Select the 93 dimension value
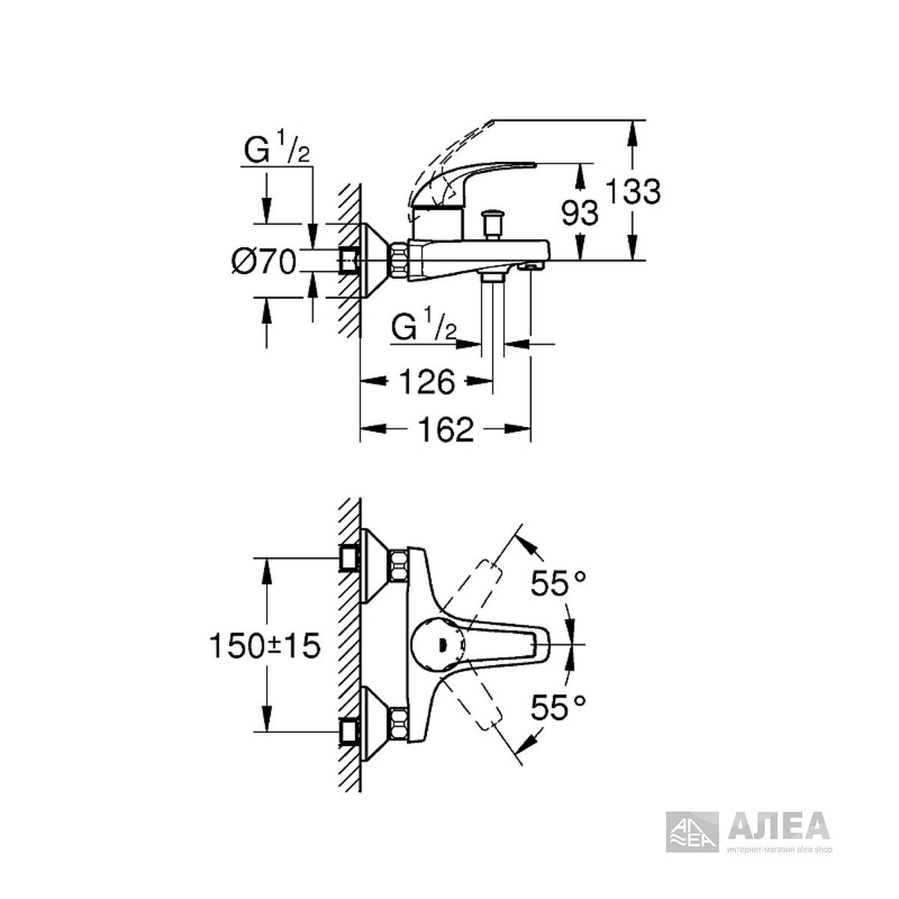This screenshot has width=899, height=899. (x=579, y=213)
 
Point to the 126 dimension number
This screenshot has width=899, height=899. (x=427, y=381)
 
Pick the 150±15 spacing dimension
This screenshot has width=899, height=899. (x=265, y=646)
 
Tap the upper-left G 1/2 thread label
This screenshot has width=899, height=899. (x=276, y=147)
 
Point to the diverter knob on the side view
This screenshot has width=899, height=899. (x=491, y=223)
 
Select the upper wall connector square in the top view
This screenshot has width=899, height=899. (x=349, y=558)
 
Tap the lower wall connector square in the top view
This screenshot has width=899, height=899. (x=349, y=733)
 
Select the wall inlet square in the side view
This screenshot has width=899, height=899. (x=349, y=260)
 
